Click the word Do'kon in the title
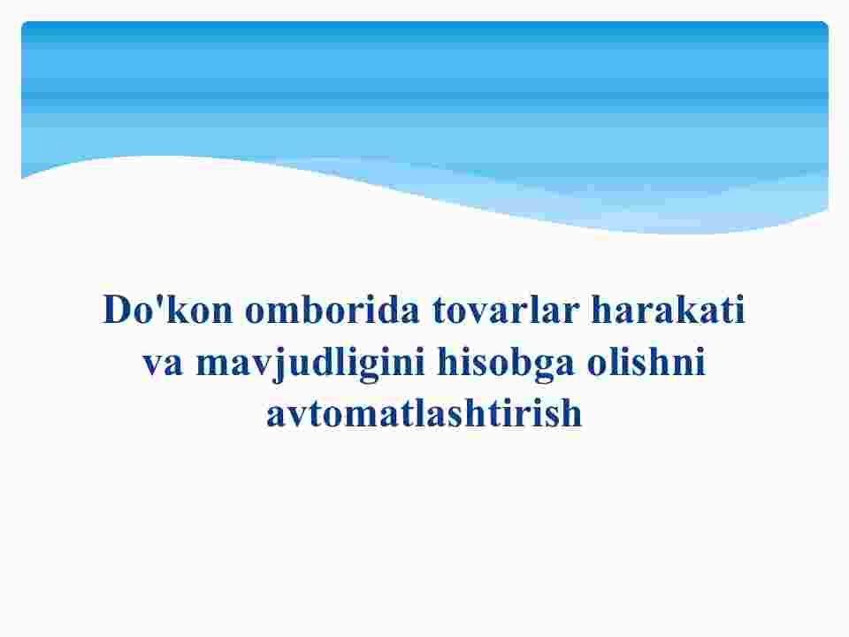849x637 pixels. tap(168, 310)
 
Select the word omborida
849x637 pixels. tap(332, 310)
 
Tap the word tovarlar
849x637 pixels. tap(506, 311)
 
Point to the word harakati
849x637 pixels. tap(669, 310)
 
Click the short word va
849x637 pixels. tap(163, 364)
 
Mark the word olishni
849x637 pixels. tap(646, 361)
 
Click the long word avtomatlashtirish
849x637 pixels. tap(424, 413)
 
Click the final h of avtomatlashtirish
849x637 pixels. tap(572, 413)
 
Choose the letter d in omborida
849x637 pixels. tap(388, 309)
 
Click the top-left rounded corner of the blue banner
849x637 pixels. tap(24, 24)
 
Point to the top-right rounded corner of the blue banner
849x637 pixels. tap(826, 24)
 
